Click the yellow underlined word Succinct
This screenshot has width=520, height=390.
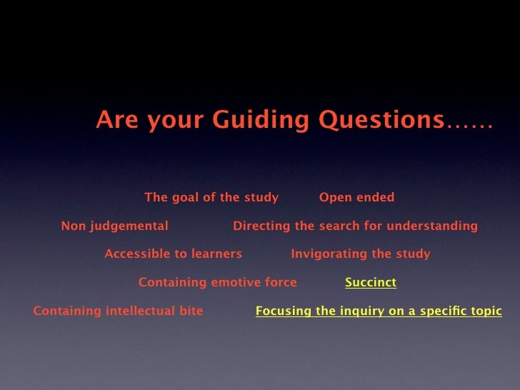[371, 283]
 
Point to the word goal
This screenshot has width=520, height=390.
[184, 198]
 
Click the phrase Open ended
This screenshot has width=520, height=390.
[356, 198]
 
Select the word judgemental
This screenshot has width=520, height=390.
[129, 226]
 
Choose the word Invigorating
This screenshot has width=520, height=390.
[326, 254]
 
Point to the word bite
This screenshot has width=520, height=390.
[191, 311]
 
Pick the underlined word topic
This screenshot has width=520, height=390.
[486, 311]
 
